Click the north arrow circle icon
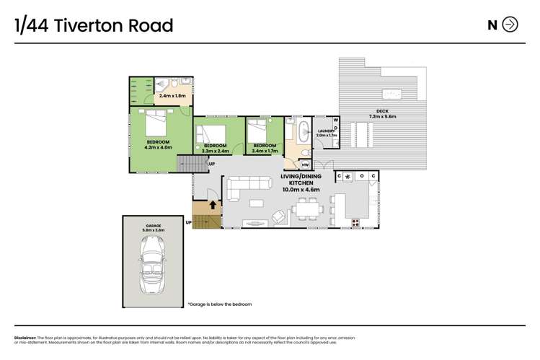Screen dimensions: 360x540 point(510,25)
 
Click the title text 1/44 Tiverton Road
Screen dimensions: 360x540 point(94,26)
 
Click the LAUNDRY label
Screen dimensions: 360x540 point(327,132)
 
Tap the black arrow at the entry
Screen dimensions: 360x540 point(213,205)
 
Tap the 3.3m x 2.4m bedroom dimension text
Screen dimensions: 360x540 point(215,152)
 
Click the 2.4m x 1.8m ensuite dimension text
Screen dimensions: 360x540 point(172,95)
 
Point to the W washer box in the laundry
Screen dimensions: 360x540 point(335,120)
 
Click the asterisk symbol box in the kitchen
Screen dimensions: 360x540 point(348,176)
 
